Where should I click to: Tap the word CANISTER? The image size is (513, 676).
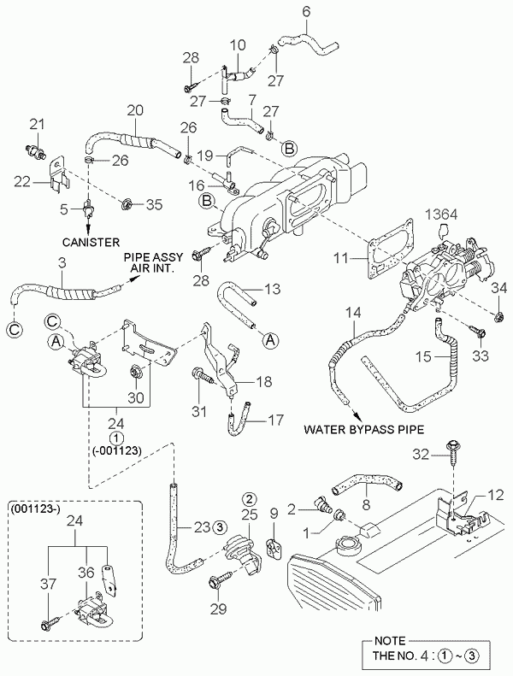pos(91,241)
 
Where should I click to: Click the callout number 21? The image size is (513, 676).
pos(35,126)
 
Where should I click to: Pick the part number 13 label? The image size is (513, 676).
pos(271,289)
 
